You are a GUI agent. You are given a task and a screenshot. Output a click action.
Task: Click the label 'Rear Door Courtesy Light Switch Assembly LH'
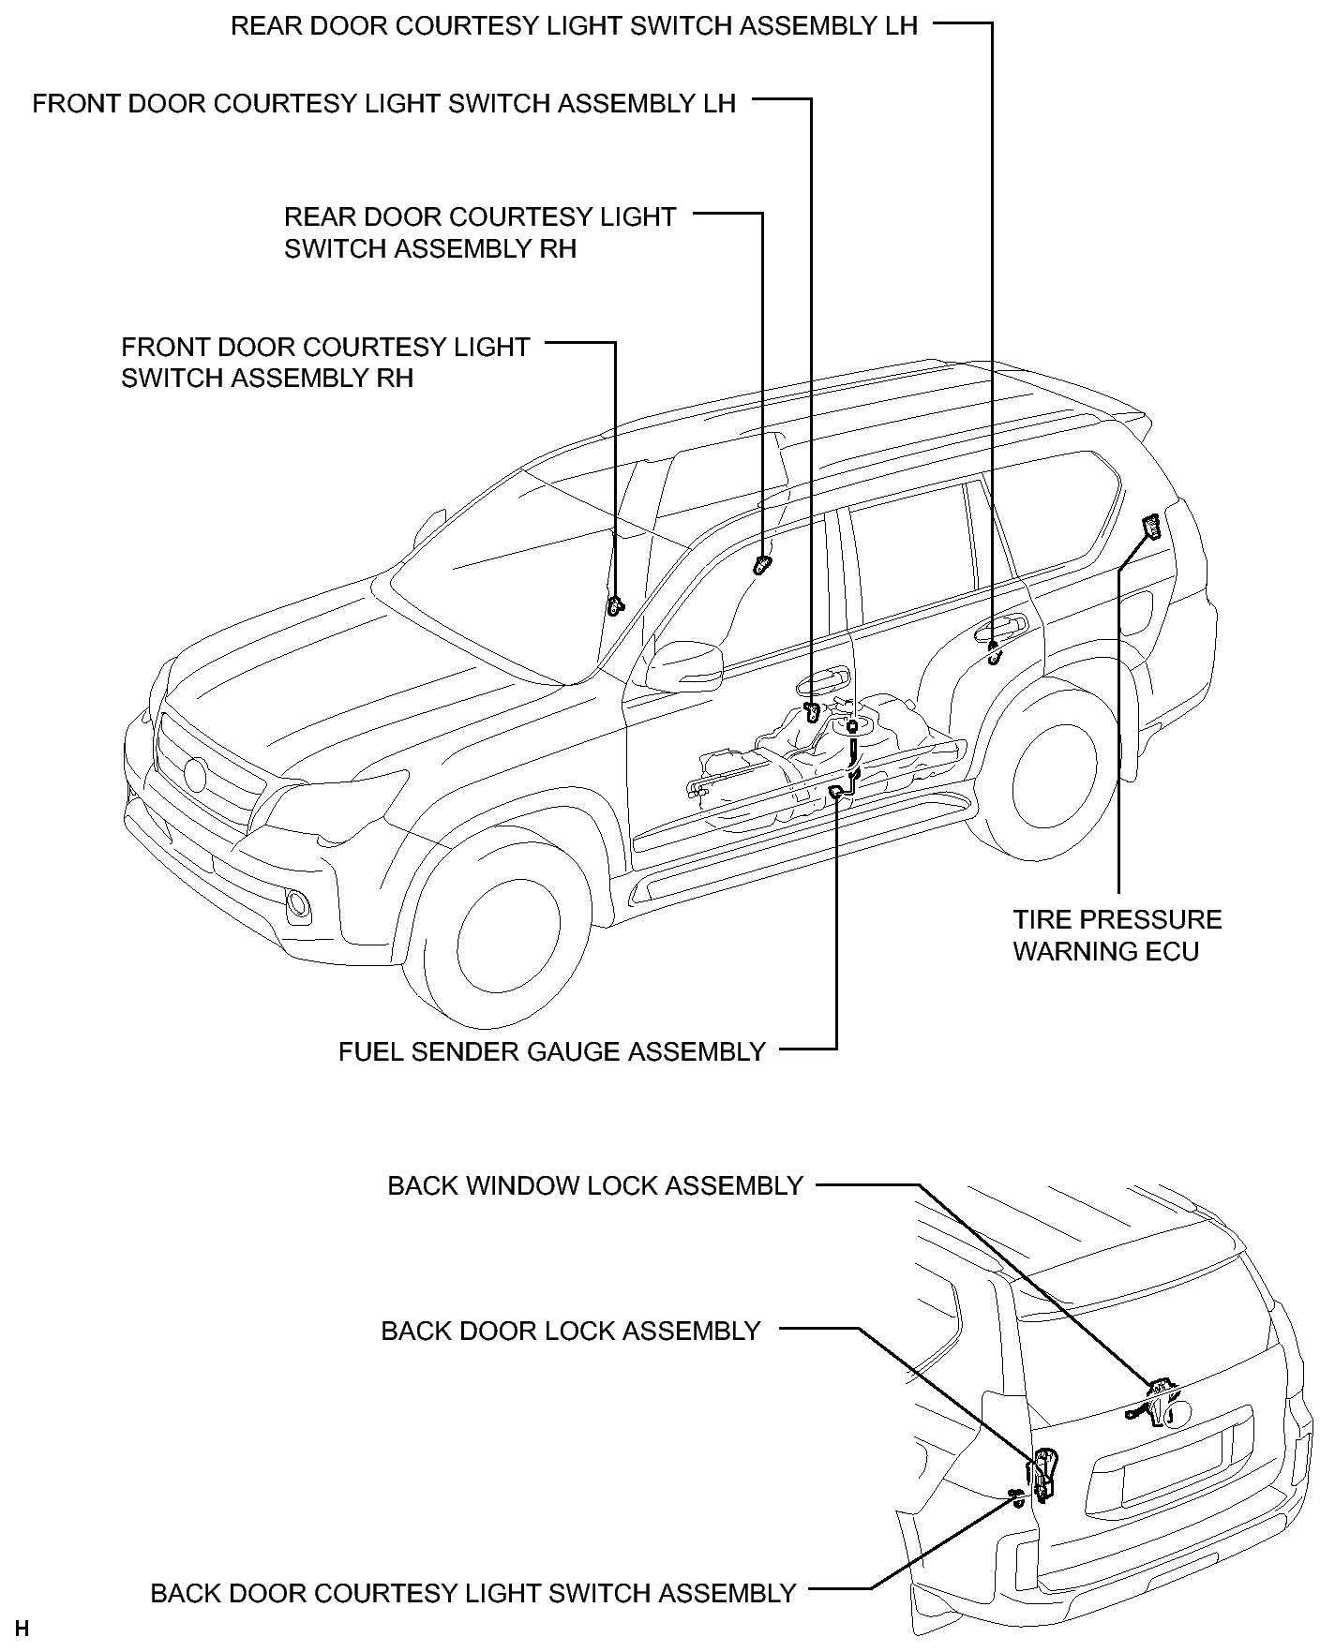point(574,25)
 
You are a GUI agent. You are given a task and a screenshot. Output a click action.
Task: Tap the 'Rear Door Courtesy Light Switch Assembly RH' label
point(480,232)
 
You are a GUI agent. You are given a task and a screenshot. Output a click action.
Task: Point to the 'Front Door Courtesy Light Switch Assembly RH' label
point(325,362)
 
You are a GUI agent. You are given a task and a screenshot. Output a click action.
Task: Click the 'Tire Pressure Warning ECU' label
point(1117,935)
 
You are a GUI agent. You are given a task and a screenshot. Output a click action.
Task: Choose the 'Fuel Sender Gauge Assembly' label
point(552,1051)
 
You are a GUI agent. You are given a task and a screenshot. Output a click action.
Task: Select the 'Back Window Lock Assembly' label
point(595,1185)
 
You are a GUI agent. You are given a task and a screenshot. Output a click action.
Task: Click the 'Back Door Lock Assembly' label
point(570,1331)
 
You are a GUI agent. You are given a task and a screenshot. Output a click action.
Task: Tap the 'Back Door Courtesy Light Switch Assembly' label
point(473,1593)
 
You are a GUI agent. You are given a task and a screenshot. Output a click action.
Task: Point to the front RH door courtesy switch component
point(615,605)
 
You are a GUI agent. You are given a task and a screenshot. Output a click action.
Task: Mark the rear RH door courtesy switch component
point(762,564)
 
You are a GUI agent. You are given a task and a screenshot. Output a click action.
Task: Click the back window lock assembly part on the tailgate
point(1155,1403)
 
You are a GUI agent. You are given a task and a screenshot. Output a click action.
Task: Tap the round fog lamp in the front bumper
point(299,903)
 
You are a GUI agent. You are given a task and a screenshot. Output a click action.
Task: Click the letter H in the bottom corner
point(22,1629)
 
